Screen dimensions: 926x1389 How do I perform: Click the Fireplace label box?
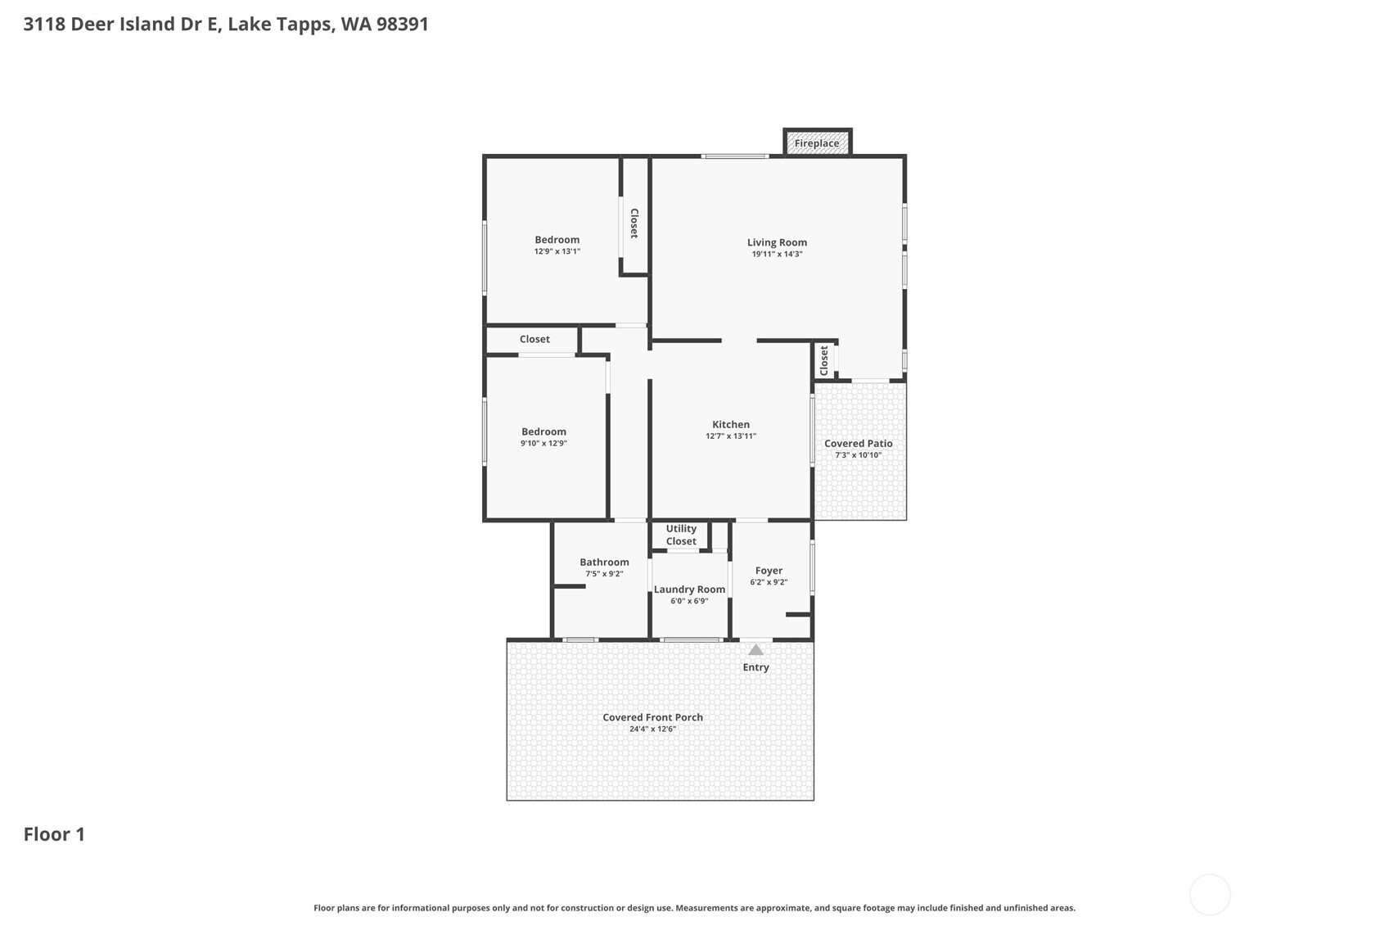817,143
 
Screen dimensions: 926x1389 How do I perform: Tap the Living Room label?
777,242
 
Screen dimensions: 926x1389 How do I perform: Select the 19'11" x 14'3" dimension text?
777,255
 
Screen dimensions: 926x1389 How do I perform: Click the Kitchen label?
731,424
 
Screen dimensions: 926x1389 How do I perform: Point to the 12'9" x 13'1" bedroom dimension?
557,251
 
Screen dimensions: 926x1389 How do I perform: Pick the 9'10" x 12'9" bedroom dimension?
543,444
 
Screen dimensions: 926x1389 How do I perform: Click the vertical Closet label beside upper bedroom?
634,223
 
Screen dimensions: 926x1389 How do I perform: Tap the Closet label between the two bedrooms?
534,339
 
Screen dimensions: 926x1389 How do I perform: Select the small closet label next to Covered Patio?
824,360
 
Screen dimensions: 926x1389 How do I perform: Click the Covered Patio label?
858,444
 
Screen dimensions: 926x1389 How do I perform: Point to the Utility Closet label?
681,535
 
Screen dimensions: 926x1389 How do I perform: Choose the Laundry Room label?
689,589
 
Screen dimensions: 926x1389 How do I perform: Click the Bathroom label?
604,562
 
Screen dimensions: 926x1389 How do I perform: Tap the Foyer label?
769,571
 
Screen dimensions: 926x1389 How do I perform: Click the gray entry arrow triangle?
755,650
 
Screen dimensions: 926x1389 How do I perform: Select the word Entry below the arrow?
755,667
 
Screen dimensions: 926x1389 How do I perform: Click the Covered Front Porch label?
652,717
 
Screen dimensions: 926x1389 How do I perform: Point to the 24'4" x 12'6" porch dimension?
652,730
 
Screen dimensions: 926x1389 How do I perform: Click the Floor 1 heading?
54,834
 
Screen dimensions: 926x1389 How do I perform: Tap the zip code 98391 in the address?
402,24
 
